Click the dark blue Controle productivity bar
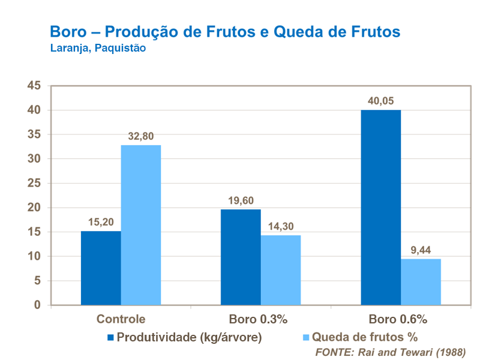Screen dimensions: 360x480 pyautogui.click(x=101, y=268)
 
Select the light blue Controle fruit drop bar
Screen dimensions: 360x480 pyautogui.click(x=141, y=225)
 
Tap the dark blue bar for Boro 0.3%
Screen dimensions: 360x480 pyautogui.click(x=241, y=257)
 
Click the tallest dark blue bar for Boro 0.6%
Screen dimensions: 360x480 pyautogui.click(x=380, y=208)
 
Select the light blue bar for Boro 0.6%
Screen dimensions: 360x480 pyautogui.click(x=421, y=282)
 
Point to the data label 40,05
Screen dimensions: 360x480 pyautogui.click(x=380, y=101)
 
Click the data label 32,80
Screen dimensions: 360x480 pyautogui.click(x=141, y=136)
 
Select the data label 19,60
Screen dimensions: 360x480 pyautogui.click(x=241, y=200)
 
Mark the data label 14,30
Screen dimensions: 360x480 pyautogui.click(x=281, y=226)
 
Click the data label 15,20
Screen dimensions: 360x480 pyautogui.click(x=101, y=222)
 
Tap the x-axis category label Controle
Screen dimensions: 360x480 pyautogui.click(x=121, y=319)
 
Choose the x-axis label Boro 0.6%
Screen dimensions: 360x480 pyautogui.click(x=400, y=319)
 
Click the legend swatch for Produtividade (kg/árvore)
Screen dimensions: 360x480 pyautogui.click(x=110, y=337)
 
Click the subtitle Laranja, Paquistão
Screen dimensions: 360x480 pyautogui.click(x=98, y=49)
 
